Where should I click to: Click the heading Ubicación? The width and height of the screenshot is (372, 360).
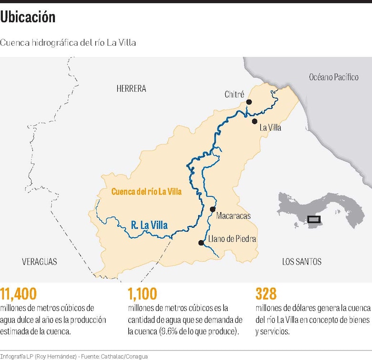coord(28,17)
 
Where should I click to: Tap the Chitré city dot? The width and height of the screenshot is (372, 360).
coord(249,102)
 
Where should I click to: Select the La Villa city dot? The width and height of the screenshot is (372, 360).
coord(255,121)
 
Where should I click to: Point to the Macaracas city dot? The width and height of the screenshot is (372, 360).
coord(213,209)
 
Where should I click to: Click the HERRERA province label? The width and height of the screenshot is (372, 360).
coord(131,89)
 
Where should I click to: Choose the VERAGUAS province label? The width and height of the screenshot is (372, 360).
coord(40,262)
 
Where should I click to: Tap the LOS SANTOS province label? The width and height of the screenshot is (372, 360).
coord(301,262)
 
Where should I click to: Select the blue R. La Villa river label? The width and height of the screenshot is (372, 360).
coord(149,224)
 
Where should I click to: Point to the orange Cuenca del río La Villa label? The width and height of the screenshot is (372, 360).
coord(146,191)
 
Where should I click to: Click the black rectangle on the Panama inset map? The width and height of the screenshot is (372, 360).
coord(314,219)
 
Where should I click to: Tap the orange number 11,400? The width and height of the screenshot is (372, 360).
coord(19,293)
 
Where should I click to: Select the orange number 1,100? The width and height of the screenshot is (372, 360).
coord(143,293)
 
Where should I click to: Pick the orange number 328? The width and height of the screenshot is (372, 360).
coord(266,293)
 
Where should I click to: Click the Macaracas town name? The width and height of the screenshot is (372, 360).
coord(233,216)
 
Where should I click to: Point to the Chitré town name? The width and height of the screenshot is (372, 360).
coord(234,95)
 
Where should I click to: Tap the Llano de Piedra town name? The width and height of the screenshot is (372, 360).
coord(232,239)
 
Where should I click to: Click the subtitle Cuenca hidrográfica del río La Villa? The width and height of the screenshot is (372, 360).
coord(68,42)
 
